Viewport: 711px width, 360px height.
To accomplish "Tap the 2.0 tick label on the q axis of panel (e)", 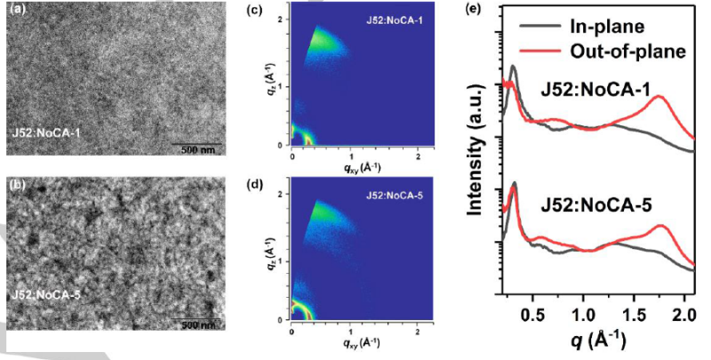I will pyautogui.click(x=683, y=314).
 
